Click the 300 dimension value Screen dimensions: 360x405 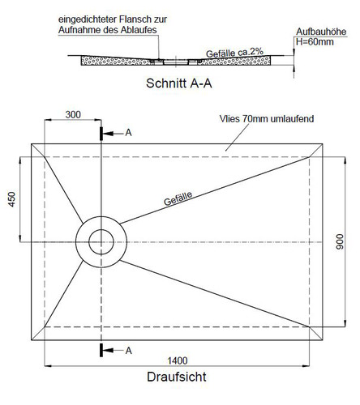(x=73, y=114)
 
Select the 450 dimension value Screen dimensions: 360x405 (x=12, y=199)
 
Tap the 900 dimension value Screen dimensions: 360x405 (x=340, y=241)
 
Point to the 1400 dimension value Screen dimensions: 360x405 (x=178, y=360)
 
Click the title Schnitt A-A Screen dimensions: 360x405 (x=179, y=83)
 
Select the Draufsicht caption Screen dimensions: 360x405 (x=177, y=377)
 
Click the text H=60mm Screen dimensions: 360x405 (x=315, y=42)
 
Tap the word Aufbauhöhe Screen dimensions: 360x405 (x=321, y=32)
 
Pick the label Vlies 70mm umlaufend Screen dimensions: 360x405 (x=267, y=119)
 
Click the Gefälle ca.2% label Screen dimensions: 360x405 (x=234, y=53)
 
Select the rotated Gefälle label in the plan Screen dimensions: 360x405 (x=178, y=198)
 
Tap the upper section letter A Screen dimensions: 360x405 (x=128, y=133)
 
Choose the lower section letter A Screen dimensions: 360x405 (x=128, y=351)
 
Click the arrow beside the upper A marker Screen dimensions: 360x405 (x=113, y=133)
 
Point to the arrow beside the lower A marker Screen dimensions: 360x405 (x=113, y=351)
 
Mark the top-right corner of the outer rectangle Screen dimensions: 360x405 (x=323, y=144)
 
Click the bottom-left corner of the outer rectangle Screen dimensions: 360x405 (x=32, y=340)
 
